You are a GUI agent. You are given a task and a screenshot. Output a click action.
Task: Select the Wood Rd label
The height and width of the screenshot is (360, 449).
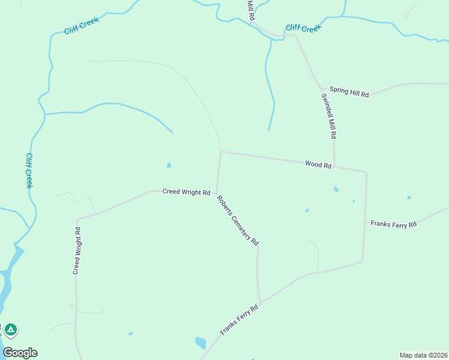pyautogui.click(x=318, y=164)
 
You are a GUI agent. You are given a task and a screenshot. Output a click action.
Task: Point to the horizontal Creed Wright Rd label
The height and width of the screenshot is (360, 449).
pyautogui.click(x=186, y=192)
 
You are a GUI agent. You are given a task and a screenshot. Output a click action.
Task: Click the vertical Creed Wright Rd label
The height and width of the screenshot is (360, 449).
pyautogui.click(x=77, y=251)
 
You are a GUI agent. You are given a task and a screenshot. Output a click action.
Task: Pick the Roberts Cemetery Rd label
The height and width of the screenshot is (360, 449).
pyautogui.click(x=238, y=220)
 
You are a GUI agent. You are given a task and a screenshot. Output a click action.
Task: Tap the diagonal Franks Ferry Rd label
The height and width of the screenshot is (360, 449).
pyautogui.click(x=239, y=319)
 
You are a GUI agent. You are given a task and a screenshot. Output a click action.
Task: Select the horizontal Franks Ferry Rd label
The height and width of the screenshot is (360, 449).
pyautogui.click(x=393, y=224)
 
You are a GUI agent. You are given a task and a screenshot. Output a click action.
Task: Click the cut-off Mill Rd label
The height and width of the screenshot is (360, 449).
pyautogui.click(x=251, y=11)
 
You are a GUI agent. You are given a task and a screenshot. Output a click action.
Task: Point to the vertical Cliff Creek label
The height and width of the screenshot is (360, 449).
pyautogui.click(x=29, y=170)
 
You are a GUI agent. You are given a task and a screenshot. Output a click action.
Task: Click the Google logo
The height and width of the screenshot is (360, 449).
pyautogui.click(x=20, y=353)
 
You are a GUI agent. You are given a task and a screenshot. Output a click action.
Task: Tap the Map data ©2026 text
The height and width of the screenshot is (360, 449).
pyautogui.click(x=423, y=355)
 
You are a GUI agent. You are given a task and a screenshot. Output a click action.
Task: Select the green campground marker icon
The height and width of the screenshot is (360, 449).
pyautogui.click(x=10, y=330)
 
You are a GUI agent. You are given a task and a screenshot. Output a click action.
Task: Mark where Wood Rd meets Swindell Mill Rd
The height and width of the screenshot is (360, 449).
pyautogui.click(x=334, y=166)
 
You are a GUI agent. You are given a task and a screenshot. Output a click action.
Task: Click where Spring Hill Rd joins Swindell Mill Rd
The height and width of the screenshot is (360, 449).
pyautogui.click(x=321, y=90)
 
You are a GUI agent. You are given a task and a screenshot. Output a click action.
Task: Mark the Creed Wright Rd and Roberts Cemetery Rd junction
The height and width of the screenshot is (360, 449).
pyautogui.click(x=216, y=193)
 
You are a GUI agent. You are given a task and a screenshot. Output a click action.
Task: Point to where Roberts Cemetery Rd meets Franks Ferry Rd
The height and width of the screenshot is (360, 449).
pyautogui.click(x=261, y=302)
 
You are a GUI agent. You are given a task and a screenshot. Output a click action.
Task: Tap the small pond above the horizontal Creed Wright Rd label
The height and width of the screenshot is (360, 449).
pyautogui.click(x=169, y=165)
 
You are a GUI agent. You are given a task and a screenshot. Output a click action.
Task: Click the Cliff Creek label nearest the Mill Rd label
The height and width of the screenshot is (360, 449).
pyautogui.click(x=303, y=28)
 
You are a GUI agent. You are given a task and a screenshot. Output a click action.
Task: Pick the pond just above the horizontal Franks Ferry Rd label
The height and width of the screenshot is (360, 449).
pyautogui.click(x=409, y=197)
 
